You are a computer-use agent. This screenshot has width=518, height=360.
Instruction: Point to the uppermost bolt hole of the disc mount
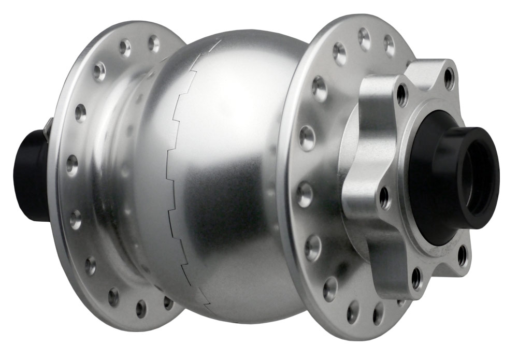449,78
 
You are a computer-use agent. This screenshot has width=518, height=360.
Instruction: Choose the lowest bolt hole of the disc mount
416,278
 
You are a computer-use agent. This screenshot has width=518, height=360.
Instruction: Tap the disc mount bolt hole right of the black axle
463,254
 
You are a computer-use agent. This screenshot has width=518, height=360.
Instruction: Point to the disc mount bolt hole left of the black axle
385,197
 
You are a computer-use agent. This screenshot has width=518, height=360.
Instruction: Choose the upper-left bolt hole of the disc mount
401,94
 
